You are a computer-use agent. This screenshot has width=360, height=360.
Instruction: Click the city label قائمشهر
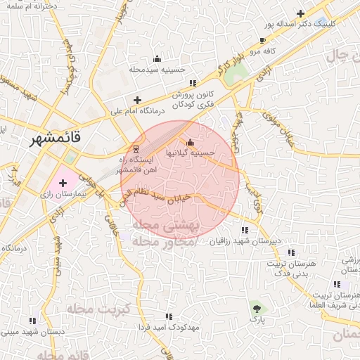pos(56,139)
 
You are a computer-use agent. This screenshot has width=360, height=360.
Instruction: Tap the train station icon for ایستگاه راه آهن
pos(136,148)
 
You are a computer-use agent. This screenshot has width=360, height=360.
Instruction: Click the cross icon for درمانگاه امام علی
pos(137,100)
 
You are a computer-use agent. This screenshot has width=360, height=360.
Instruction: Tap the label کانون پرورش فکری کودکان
pos(193,99)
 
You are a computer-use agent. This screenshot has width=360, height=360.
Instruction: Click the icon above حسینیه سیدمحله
pos(157,59)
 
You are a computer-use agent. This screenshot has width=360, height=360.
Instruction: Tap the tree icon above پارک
pos(256,308)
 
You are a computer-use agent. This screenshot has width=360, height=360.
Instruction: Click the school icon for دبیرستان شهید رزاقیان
pos(245,231)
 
